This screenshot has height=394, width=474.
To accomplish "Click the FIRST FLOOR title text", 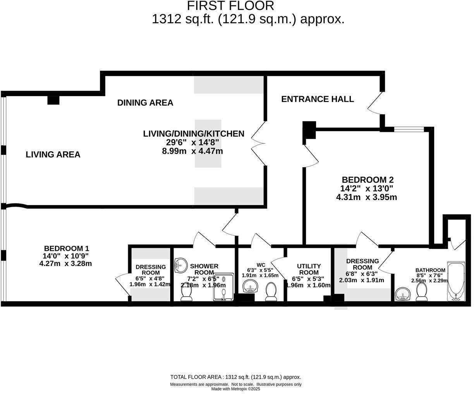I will click(x=230, y=6).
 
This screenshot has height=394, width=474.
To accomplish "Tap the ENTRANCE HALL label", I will click(x=317, y=99).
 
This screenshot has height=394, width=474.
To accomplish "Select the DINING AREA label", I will click(x=145, y=103).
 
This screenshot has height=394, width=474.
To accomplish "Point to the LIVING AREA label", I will click(x=53, y=155).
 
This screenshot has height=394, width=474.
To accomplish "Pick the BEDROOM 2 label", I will click(x=368, y=180).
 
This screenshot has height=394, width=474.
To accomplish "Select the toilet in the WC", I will click(x=271, y=291).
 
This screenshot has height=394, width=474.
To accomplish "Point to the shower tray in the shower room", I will click(x=224, y=287).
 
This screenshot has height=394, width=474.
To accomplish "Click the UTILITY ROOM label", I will click(x=309, y=269).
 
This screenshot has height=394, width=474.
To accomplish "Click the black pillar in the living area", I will click(x=53, y=100).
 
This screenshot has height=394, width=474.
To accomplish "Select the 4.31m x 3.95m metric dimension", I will click(x=366, y=197).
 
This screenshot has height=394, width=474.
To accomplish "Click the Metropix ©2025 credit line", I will click(x=235, y=389).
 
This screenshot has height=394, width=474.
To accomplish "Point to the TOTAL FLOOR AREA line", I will click(x=235, y=377).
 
